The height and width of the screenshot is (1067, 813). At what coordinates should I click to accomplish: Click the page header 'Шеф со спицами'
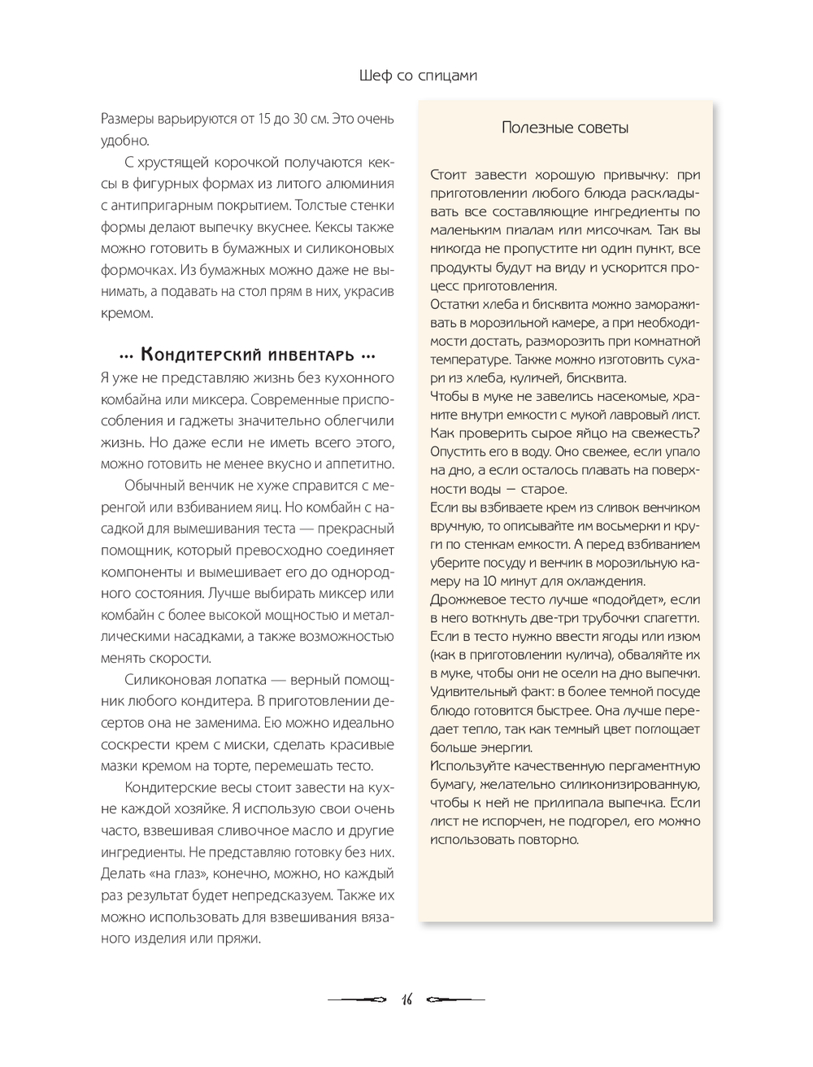tap(417, 76)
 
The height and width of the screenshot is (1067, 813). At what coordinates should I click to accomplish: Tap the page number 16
tap(406, 999)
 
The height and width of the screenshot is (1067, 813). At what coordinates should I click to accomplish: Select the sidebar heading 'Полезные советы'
tap(565, 128)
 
